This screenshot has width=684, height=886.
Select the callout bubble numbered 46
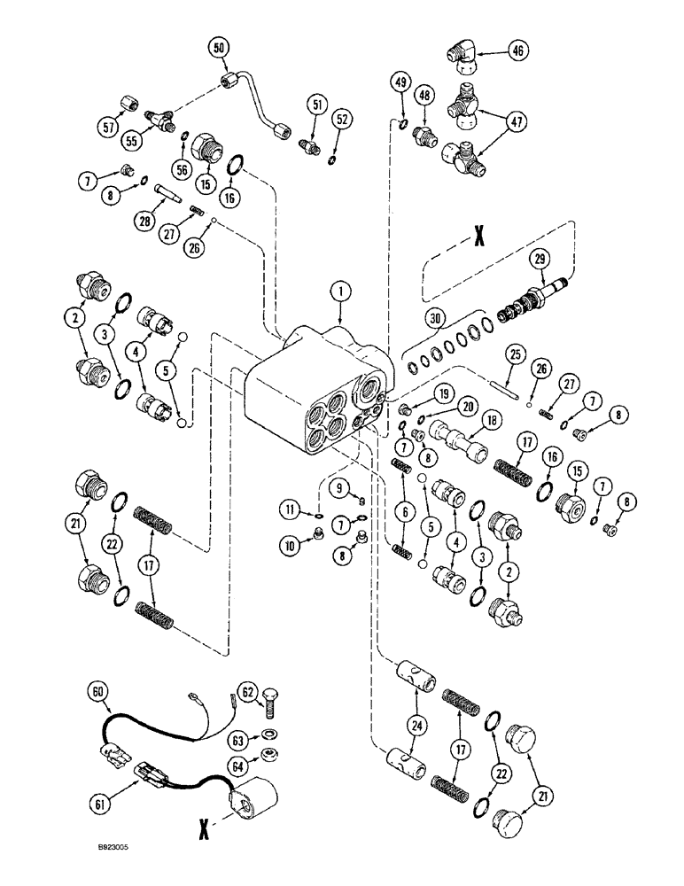pos(518,51)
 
